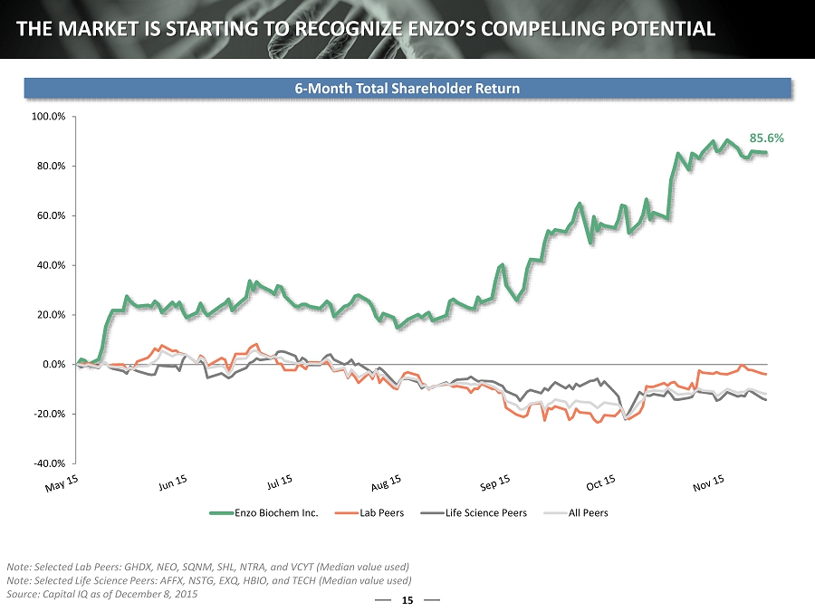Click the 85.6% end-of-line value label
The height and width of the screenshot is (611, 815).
[766, 138]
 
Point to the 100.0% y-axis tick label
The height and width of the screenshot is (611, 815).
[51, 117]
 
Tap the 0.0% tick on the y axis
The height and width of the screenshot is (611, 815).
[54, 364]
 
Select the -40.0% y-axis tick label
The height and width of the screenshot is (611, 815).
[51, 463]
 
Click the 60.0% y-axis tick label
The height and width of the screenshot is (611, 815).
[53, 215]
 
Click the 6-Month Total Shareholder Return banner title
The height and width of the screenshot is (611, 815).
[407, 88]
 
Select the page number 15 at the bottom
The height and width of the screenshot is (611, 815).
[407, 599]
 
